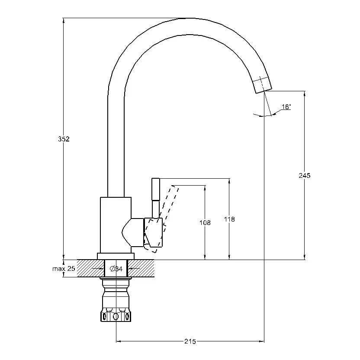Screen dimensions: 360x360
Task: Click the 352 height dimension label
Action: click(64, 139)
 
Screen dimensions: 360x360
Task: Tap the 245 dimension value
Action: click(305, 175)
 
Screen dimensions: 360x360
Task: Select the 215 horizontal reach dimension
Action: click(190, 341)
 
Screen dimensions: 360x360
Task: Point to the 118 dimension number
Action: click(229, 219)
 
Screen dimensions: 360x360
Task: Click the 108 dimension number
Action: click(205, 222)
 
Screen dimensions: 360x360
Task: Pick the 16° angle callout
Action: click(286, 107)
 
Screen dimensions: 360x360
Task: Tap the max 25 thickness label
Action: click(64, 268)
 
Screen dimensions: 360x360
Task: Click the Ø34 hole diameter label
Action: click(116, 269)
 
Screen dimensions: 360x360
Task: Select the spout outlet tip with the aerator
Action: click(262, 85)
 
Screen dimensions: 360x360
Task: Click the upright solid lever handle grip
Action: click(156, 190)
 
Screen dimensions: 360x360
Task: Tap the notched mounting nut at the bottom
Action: click(116, 316)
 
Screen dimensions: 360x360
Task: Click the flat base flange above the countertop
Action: click(116, 256)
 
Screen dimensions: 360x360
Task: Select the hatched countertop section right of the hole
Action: click(141, 268)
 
